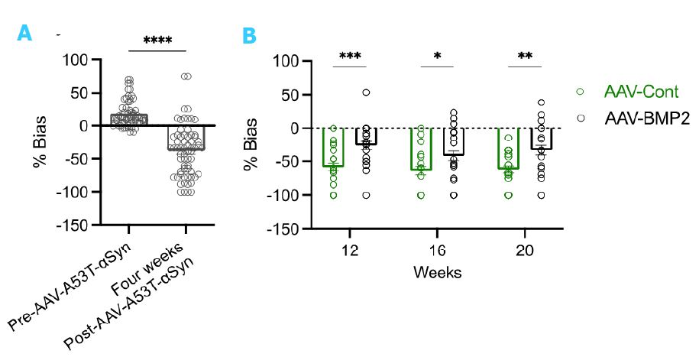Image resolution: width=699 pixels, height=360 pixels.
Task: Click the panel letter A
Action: click(x=24, y=33)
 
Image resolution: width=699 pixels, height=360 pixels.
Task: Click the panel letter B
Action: click(x=249, y=36)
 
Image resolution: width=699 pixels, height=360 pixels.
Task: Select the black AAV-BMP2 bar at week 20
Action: click(x=541, y=138)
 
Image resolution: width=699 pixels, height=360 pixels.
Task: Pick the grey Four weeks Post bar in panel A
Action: click(x=186, y=138)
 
